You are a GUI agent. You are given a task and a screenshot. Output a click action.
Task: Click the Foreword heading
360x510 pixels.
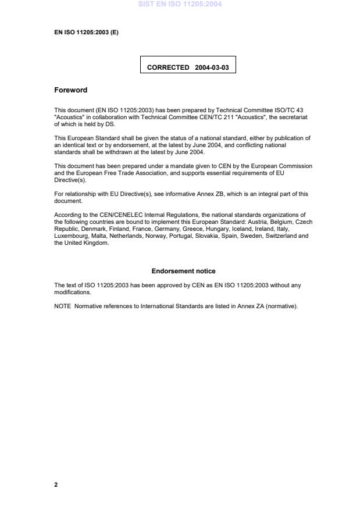click(x=70, y=90)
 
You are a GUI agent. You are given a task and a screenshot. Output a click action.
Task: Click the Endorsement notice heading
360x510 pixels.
click(x=183, y=271)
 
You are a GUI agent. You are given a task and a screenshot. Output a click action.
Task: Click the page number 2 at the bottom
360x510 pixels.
click(x=56, y=484)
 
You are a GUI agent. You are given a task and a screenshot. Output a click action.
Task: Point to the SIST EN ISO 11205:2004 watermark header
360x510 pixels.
click(x=180, y=5)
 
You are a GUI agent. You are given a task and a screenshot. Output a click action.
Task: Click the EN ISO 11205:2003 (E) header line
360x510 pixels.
click(x=86, y=33)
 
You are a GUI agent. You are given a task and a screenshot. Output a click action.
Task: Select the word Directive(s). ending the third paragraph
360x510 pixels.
click(x=69, y=181)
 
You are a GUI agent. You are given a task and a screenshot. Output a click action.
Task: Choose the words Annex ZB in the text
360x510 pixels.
click(x=220, y=194)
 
